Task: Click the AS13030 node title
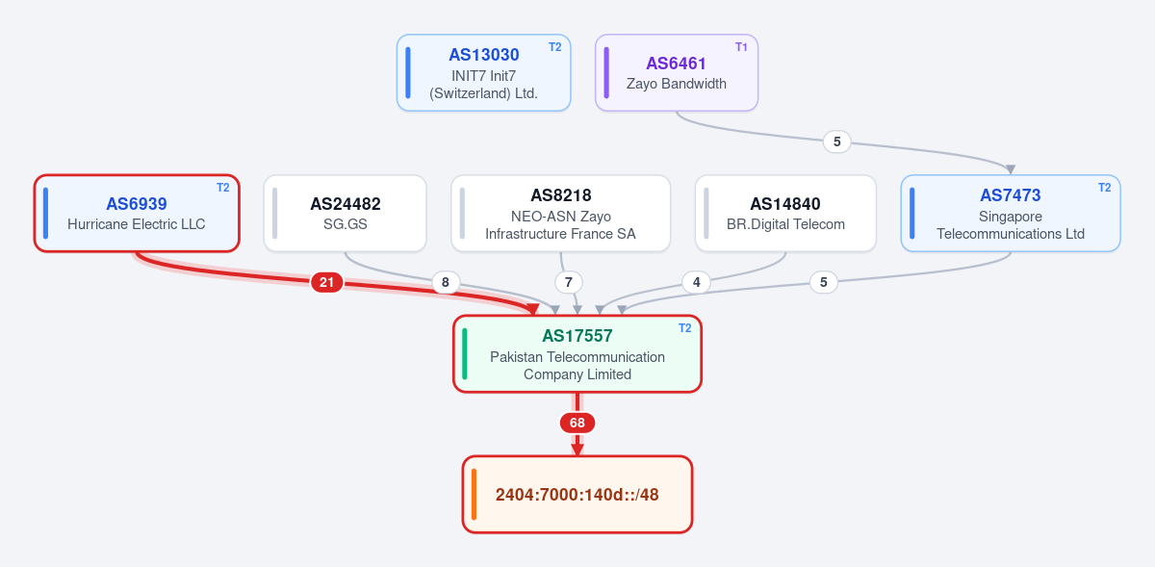click(x=483, y=55)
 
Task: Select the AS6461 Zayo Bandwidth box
click(x=677, y=73)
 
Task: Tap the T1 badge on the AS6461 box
click(x=741, y=47)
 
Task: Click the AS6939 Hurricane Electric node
click(x=137, y=213)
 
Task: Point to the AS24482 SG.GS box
click(x=345, y=213)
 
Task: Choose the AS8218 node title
click(x=561, y=195)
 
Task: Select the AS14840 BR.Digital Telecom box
click(x=785, y=213)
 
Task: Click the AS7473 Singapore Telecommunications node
click(x=1011, y=213)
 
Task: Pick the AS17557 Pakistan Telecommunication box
click(x=577, y=354)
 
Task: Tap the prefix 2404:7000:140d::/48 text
click(x=577, y=495)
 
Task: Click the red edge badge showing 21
click(x=327, y=282)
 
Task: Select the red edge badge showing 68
click(x=577, y=423)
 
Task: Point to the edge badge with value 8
click(x=445, y=282)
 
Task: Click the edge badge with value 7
click(x=568, y=282)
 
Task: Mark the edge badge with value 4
click(x=696, y=282)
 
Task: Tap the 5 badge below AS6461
click(x=836, y=142)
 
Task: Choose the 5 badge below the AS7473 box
click(x=824, y=282)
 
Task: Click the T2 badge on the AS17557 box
click(x=684, y=328)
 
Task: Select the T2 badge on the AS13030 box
click(x=554, y=47)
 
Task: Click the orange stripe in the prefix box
click(x=474, y=494)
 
